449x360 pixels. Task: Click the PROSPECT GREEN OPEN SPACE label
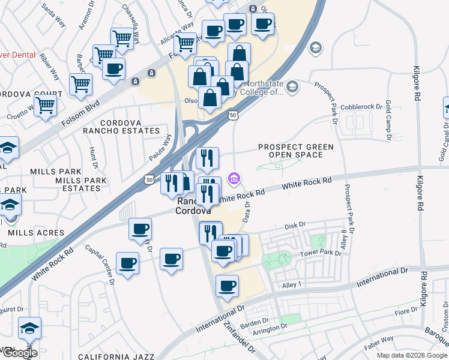[x=290, y=151]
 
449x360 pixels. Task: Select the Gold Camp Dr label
[x=388, y=120]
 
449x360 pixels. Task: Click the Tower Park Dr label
[x=321, y=253]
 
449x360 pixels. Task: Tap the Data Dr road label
[x=247, y=211]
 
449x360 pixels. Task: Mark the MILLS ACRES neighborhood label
[x=37, y=233]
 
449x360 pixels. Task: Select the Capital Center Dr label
[x=99, y=263]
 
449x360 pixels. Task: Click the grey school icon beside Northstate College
[x=292, y=88]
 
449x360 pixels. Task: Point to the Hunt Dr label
[x=93, y=157]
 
